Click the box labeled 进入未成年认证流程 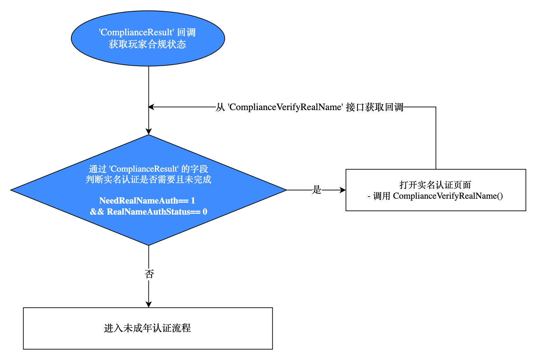point(148,328)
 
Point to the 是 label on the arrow point(317,190)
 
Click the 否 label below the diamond point(149,274)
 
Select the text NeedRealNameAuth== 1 point(147,201)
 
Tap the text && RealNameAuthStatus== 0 point(148,212)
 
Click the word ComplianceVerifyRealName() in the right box point(448,196)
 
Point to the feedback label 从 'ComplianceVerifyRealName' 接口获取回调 point(309,107)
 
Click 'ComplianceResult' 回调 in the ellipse point(147,33)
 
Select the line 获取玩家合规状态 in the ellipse point(147,44)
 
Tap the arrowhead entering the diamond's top point(149,132)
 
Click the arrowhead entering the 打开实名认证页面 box point(343,190)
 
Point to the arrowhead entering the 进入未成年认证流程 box point(149,305)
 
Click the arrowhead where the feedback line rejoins point(151,107)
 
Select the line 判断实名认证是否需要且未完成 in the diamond point(148,180)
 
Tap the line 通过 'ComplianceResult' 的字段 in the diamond point(148,169)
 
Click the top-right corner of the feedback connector point(436,107)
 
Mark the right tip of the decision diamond point(286,190)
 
